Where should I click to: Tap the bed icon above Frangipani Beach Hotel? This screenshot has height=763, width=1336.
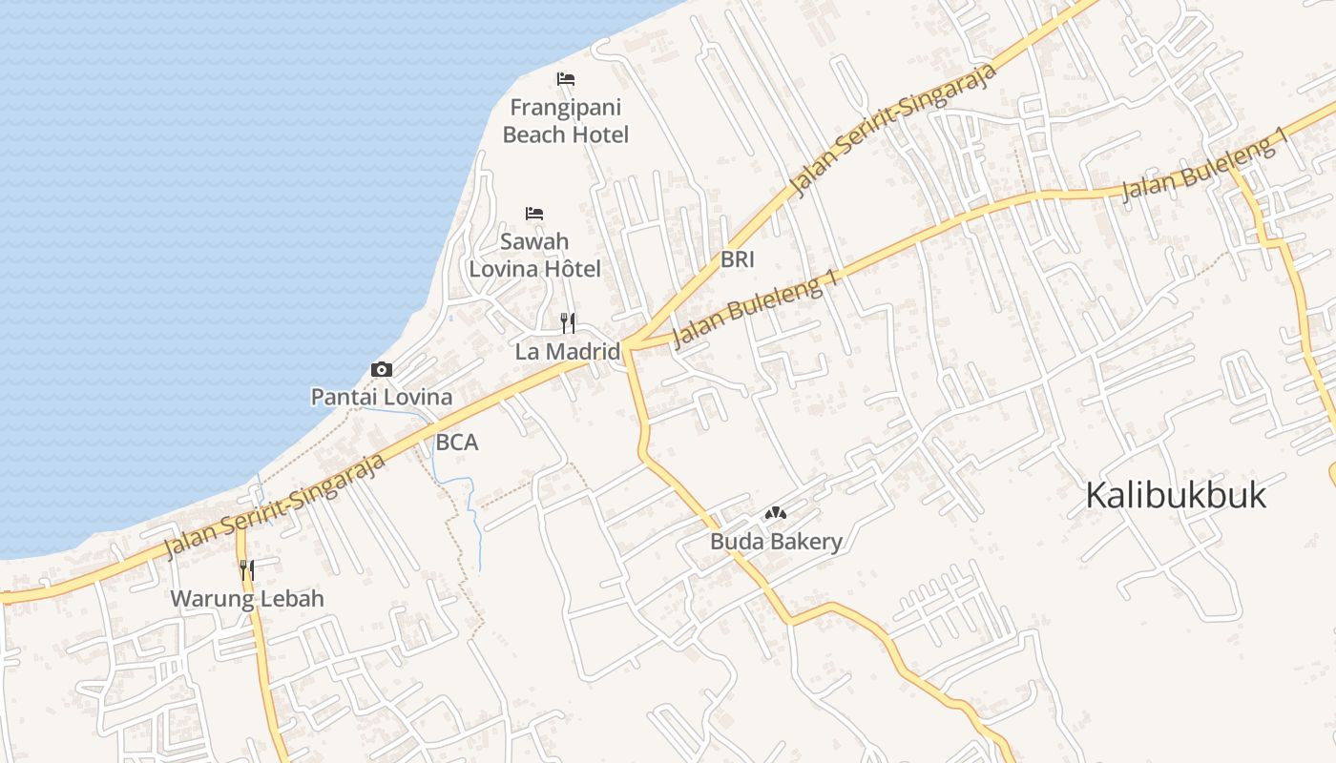pos(566,78)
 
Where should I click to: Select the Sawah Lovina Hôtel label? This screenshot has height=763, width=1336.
pos(534,256)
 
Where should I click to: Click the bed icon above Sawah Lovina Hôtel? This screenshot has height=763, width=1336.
pos(534,214)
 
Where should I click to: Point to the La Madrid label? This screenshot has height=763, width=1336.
pos(567,351)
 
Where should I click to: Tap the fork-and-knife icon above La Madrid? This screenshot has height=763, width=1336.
pos(568,322)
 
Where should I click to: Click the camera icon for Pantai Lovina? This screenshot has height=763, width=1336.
pos(382,369)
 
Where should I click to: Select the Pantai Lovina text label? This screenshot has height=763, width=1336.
pos(382,397)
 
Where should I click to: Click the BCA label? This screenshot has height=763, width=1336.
pos(456,443)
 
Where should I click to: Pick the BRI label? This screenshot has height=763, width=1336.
pos(738,258)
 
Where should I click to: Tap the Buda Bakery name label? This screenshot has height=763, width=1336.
pos(776,543)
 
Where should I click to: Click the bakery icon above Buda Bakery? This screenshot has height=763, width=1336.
pos(775,514)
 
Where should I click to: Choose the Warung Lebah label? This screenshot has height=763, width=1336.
pos(247,599)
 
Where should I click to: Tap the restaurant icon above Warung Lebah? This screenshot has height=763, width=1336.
pos(246,570)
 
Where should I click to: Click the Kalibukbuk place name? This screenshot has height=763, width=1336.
pos(1177,496)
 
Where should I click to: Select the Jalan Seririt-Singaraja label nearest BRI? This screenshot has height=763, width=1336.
pos(895,130)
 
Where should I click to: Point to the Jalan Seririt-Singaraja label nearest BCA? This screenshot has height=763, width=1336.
pos(275,505)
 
